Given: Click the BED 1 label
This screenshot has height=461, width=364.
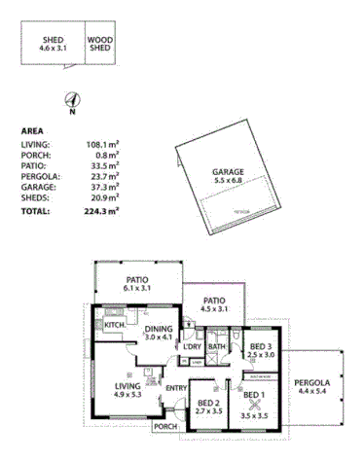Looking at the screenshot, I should tap(253, 400).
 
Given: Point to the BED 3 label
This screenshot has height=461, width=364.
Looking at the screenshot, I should tap(260, 351).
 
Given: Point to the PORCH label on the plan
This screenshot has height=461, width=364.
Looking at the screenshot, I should tap(166, 427).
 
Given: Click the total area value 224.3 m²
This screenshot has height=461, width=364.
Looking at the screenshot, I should tap(101, 210).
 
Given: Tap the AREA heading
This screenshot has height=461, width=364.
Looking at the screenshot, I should tap(32, 129).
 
